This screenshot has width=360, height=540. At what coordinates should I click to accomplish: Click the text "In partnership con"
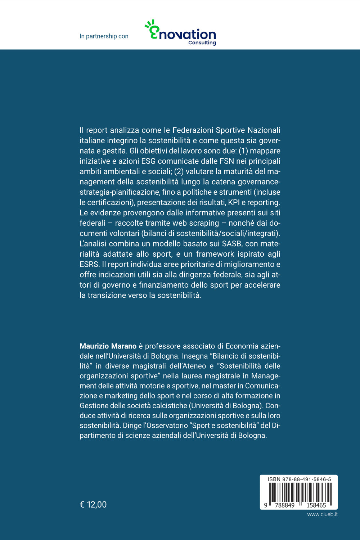104,36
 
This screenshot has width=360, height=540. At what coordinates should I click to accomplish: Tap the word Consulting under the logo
202,43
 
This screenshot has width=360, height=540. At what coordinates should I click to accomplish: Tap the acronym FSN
226,161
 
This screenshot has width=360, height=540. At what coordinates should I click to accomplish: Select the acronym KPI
234,202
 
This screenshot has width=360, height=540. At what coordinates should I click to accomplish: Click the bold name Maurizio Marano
108,346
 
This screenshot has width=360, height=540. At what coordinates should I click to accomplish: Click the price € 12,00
93,505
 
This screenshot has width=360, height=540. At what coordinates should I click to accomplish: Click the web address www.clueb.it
322,514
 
